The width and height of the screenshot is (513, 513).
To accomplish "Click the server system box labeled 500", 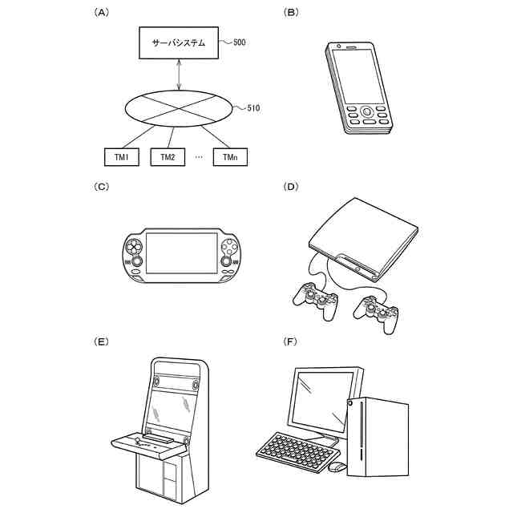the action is click(178, 43).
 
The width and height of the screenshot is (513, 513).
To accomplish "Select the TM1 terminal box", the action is click(121, 156).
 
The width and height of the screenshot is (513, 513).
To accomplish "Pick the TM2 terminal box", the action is click(168, 156).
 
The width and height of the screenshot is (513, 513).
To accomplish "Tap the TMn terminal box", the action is click(230, 156).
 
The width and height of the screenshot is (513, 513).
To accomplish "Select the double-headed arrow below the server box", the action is click(178, 76).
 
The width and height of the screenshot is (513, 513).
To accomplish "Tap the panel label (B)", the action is click(291, 13).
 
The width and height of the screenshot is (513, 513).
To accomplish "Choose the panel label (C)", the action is click(101, 188).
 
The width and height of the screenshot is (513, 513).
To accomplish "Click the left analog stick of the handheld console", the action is click(137, 261).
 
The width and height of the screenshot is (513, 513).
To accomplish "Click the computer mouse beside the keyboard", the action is click(337, 467).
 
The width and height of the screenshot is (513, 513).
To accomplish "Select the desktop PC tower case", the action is click(377, 437).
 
